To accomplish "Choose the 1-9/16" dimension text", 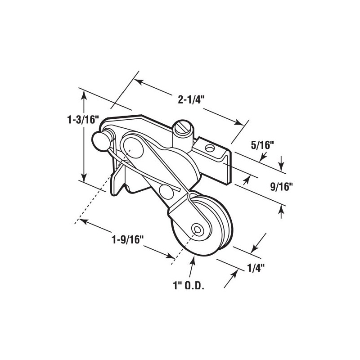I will [127, 238].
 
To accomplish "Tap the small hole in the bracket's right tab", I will [209, 147].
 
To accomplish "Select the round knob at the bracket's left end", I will [99, 140].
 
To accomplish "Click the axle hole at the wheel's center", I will [197, 229].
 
